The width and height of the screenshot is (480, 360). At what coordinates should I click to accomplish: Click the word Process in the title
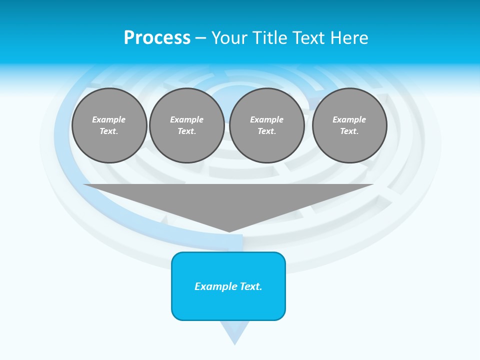click(157, 38)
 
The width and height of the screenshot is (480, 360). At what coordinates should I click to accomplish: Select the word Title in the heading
click(268, 38)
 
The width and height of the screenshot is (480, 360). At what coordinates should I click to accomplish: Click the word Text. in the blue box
click(251, 286)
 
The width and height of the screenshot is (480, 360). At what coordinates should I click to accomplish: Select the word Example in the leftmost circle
click(109, 119)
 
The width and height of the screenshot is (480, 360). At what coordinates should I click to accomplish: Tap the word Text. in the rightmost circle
click(349, 131)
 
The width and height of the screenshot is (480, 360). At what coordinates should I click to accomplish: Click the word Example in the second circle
click(187, 119)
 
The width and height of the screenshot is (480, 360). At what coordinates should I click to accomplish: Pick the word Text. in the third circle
click(266, 131)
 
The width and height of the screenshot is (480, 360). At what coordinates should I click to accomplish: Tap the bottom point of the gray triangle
click(229, 230)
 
